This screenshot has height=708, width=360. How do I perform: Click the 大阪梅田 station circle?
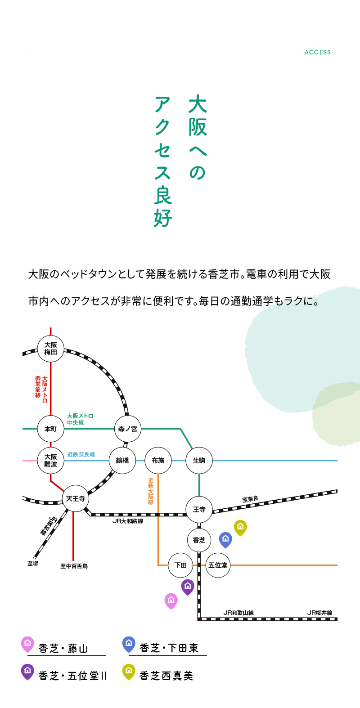50,349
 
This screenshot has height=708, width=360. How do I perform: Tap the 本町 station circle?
50,429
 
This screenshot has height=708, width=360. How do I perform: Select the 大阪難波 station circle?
50,460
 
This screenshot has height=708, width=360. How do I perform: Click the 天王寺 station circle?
76,498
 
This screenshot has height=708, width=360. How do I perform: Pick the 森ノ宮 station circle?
128,429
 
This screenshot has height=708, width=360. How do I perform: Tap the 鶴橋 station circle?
122,460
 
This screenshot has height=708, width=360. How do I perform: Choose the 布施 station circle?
158,460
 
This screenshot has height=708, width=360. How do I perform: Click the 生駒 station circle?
199,460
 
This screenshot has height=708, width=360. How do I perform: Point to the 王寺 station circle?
199,509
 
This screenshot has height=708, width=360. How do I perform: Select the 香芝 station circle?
199,540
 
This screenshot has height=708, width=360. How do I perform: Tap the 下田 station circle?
180,565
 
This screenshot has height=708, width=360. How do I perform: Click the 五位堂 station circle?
218,565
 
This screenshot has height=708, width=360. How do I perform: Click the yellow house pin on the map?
240,527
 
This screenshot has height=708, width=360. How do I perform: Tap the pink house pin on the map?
171,600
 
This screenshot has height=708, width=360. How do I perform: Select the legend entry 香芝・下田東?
169,648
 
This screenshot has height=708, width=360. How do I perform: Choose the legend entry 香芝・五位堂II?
72,676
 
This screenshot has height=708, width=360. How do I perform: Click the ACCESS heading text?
317,52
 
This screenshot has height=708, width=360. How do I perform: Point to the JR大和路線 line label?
128,521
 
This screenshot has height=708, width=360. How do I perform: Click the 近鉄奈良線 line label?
81,455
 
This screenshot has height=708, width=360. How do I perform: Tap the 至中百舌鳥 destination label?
74,566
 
